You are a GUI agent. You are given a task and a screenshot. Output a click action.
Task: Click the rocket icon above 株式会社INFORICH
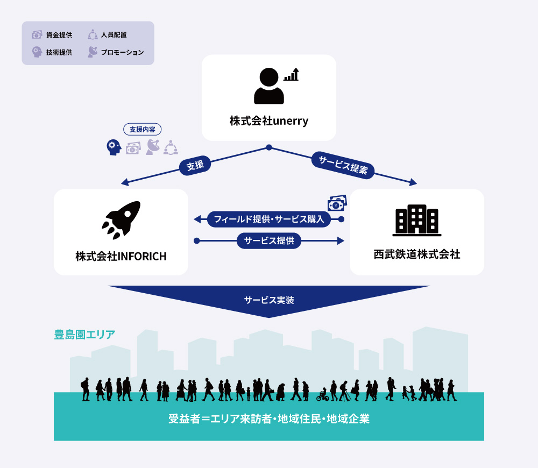click(121, 220)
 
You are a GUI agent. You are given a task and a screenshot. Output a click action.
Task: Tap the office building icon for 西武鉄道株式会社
click(417, 220)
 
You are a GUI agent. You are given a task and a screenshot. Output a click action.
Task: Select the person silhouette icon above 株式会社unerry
click(268, 86)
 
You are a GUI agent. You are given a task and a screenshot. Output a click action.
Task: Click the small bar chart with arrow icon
click(291, 74)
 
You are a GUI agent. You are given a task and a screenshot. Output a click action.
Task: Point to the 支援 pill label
click(195, 165)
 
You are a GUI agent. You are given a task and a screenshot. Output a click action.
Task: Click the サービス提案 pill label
click(343, 165)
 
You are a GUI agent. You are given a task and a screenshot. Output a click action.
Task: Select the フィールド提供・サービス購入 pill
click(269, 219)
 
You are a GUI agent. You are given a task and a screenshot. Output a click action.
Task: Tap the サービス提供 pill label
click(269, 241)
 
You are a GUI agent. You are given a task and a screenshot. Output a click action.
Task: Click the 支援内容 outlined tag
click(143, 129)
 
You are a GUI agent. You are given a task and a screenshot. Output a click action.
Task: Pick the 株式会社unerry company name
click(269, 121)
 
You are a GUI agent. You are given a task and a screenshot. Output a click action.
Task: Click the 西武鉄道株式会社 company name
click(417, 254)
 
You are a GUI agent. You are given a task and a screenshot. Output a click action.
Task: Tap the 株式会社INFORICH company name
click(121, 256)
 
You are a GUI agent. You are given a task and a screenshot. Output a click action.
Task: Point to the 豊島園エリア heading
click(85, 335)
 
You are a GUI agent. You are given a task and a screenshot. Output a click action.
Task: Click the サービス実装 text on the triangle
click(269, 300)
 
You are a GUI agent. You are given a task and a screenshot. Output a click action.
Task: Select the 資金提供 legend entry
click(52, 34)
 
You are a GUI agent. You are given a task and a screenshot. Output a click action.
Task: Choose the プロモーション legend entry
click(116, 52)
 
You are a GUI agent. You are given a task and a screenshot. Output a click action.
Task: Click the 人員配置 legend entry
click(107, 34)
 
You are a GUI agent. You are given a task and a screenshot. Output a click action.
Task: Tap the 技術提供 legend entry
click(52, 52)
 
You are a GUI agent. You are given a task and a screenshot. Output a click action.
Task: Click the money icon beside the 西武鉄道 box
click(337, 203)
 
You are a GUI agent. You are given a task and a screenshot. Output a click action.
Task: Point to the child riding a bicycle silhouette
click(322, 395)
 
